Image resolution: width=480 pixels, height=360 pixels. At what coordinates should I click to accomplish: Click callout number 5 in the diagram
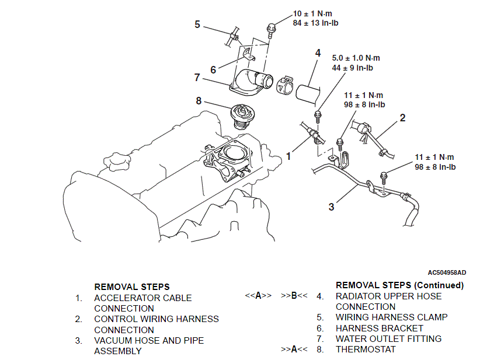pyautogui.click(x=197, y=25)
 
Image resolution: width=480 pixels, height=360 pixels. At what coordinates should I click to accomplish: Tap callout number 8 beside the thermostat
pyautogui.click(x=199, y=101)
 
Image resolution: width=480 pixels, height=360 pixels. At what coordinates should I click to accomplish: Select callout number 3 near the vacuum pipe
pyautogui.click(x=331, y=207)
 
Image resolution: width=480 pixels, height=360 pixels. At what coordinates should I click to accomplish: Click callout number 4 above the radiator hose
pyautogui.click(x=318, y=53)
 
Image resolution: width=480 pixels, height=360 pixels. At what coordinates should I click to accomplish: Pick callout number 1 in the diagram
pyautogui.click(x=288, y=156)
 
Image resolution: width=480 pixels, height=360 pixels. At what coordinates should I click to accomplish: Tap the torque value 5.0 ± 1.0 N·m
pyautogui.click(x=356, y=58)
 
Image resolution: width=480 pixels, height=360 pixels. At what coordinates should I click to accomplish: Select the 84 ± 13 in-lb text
pyautogui.click(x=315, y=23)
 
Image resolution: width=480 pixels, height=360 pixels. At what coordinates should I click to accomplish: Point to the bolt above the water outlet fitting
pyautogui.click(x=270, y=27)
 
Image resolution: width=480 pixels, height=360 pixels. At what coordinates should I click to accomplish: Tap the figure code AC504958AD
pyautogui.click(x=447, y=272)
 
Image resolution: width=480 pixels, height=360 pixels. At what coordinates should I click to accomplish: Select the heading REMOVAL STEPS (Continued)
pyautogui.click(x=399, y=285)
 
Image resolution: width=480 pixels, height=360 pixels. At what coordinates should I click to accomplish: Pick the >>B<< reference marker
pyautogui.click(x=294, y=296)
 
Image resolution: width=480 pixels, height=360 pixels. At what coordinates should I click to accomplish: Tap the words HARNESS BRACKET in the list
pyautogui.click(x=380, y=328)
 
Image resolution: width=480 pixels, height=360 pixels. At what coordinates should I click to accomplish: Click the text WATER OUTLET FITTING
pyautogui.click(x=388, y=338)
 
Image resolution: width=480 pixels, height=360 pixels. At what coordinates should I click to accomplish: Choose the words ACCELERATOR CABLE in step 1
pyautogui.click(x=142, y=298)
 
